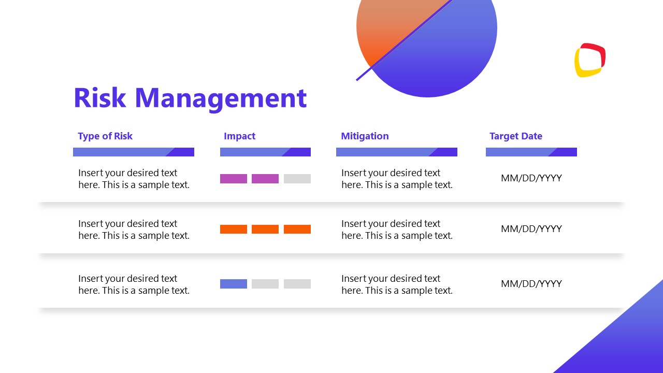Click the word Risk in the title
coord(99,97)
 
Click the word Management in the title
coord(221,98)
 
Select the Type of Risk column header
coord(105,136)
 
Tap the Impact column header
coord(239,136)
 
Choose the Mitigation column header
coord(365,136)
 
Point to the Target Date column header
coord(515,136)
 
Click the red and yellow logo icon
coord(590,60)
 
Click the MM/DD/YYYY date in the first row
coord(531,178)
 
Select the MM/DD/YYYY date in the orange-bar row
coord(531,229)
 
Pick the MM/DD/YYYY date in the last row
coord(531,284)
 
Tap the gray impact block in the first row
coord(297,179)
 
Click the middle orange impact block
coord(265,229)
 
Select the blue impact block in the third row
coord(234,284)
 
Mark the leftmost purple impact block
coord(234,179)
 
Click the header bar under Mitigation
coord(396,152)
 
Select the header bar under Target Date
coord(531,152)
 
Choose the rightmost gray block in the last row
coord(297,284)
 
